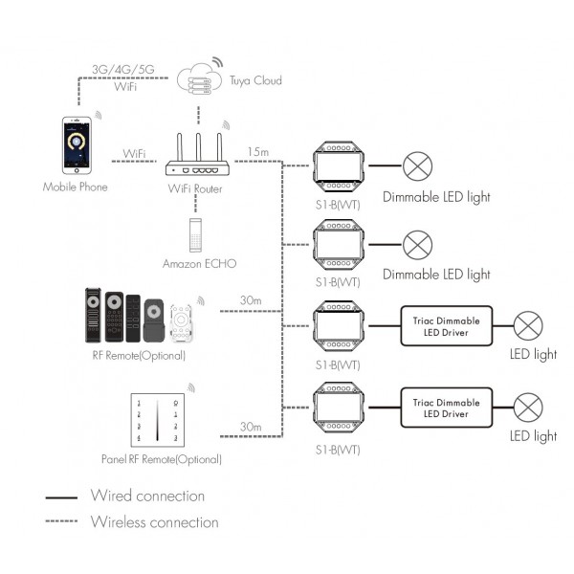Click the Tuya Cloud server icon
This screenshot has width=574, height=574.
(x=199, y=79)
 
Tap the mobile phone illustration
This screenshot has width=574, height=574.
(x=77, y=145)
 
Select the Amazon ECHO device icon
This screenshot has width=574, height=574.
(x=195, y=235)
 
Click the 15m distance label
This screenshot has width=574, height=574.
(x=257, y=151)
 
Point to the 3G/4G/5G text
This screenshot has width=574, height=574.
(x=123, y=69)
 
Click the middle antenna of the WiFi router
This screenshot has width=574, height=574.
(x=198, y=147)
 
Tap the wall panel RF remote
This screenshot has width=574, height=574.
(x=158, y=420)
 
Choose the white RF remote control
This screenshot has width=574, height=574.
(x=181, y=323)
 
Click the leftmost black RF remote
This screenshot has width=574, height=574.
(x=93, y=315)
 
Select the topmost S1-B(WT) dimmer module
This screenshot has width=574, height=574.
(x=339, y=166)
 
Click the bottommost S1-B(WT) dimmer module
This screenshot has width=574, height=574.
(x=339, y=408)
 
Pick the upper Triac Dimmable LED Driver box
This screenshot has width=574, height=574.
(x=446, y=326)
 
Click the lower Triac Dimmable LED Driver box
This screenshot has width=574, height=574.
(x=446, y=408)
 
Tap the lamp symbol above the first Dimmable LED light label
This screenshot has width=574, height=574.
(x=417, y=166)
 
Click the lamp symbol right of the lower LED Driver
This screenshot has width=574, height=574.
(x=528, y=408)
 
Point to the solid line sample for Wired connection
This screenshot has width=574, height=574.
(x=61, y=497)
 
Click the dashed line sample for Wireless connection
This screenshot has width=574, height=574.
(x=61, y=521)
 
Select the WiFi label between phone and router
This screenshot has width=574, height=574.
(x=134, y=153)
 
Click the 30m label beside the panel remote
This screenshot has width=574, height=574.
(x=251, y=427)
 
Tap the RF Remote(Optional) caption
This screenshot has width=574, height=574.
(x=139, y=356)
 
